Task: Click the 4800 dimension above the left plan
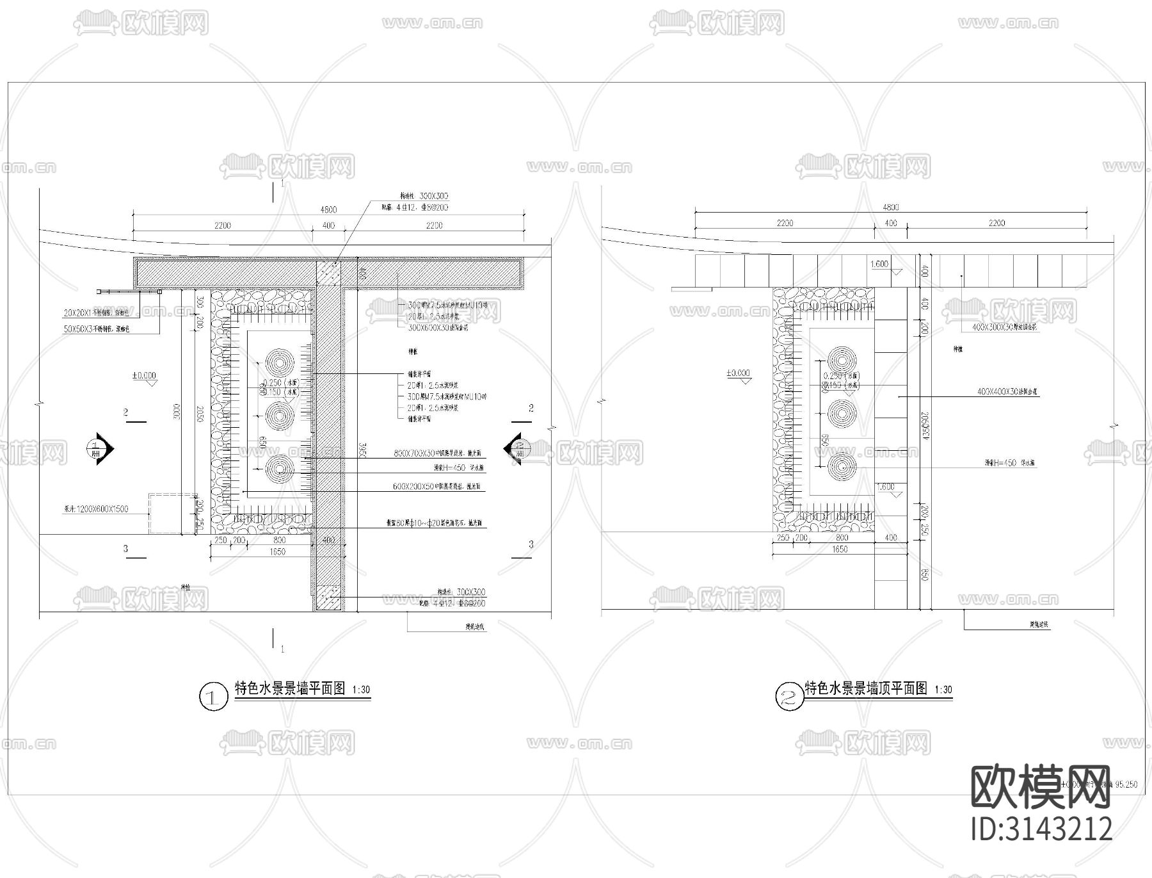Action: coord(328,210)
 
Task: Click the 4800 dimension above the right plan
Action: coord(890,207)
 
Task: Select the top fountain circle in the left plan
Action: coord(280,362)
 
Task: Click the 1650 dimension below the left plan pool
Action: coord(277,551)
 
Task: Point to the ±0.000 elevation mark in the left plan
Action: coord(144,376)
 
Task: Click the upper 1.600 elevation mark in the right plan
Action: coord(880,264)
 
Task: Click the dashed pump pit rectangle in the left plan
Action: coord(172,513)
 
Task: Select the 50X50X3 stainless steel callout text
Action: coord(97,329)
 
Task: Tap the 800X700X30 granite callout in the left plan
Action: coord(439,453)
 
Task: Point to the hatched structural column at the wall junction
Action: coord(329,272)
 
